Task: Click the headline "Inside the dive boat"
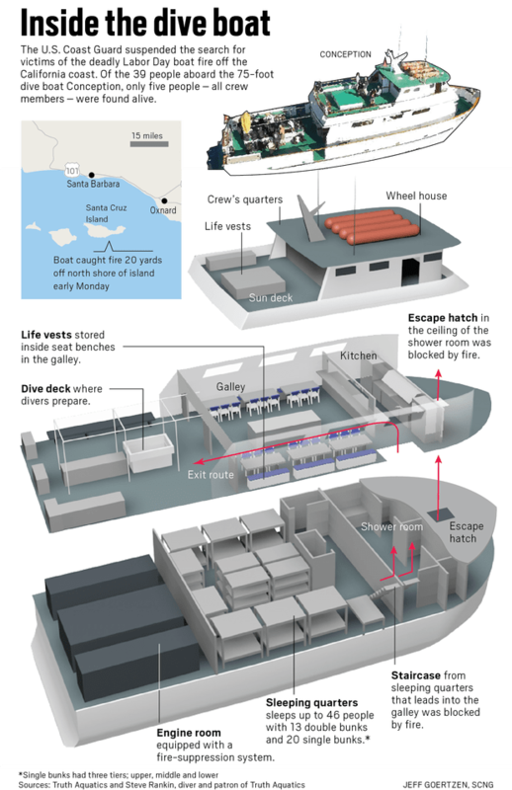point(145,23)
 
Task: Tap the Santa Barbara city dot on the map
point(91,175)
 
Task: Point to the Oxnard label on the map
point(163,210)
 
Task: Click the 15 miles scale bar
point(149,144)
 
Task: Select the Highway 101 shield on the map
point(72,170)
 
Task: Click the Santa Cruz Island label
point(106,213)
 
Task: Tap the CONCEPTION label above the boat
point(346,54)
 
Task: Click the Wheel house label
point(416,196)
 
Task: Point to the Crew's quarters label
point(245,199)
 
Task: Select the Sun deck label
point(271,298)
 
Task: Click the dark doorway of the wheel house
point(410,273)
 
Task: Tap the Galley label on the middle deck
point(230,387)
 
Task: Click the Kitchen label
point(358,355)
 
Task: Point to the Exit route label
point(211,475)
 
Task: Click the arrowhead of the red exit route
point(200,461)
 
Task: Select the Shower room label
point(391,527)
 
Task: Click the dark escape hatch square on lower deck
point(437,515)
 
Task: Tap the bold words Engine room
point(188,733)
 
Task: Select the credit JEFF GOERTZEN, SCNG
point(448,784)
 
